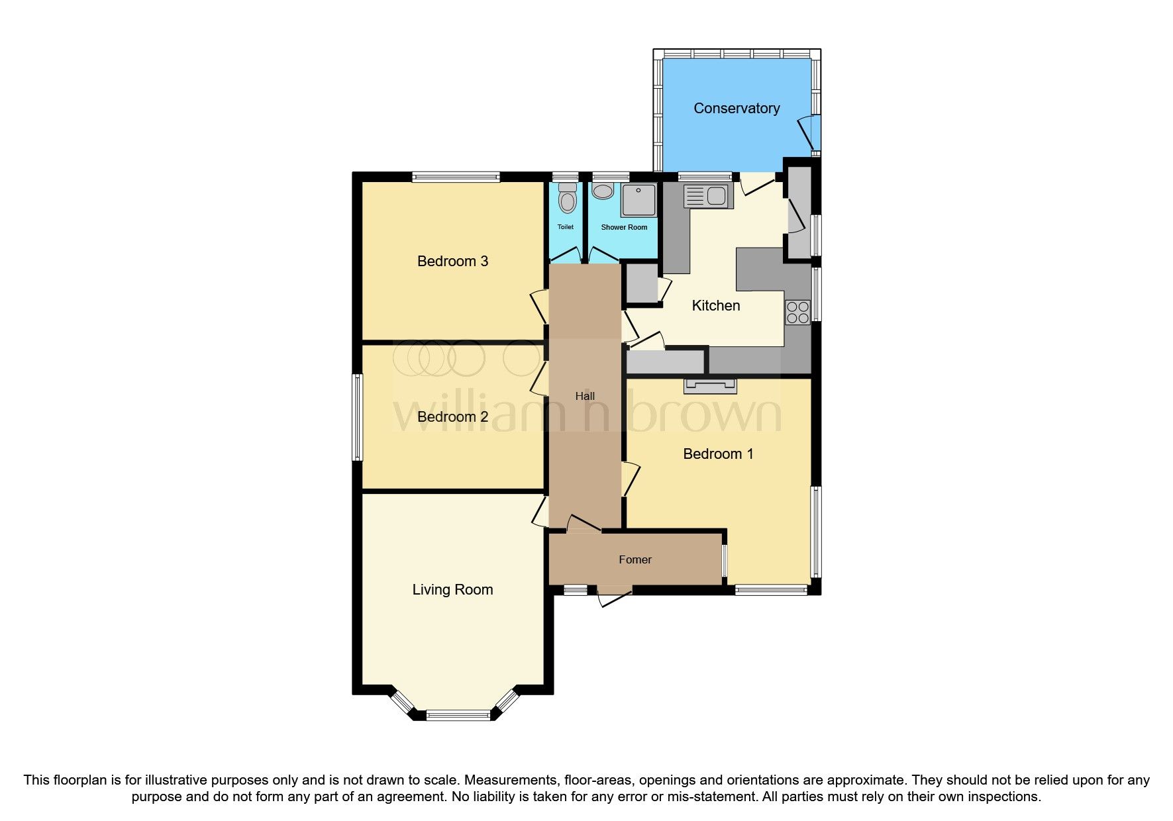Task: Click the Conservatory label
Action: pos(736,109)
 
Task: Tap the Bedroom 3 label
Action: pos(452,262)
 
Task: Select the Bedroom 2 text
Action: pos(452,417)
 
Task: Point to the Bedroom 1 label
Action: pos(718,454)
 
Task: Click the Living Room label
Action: pos(452,590)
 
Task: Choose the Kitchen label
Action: pos(715,306)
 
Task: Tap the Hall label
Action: pos(585,397)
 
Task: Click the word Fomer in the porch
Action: pos(635,560)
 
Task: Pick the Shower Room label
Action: pos(624,228)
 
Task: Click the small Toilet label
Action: pos(565,227)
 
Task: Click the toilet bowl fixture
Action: pos(567,199)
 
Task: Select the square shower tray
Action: pos(638,200)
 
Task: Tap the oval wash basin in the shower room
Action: pos(603,192)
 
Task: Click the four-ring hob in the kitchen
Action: pos(797,313)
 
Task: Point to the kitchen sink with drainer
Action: pos(707,197)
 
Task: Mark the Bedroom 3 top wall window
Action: pos(455,177)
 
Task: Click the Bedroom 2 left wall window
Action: pos(358,417)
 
